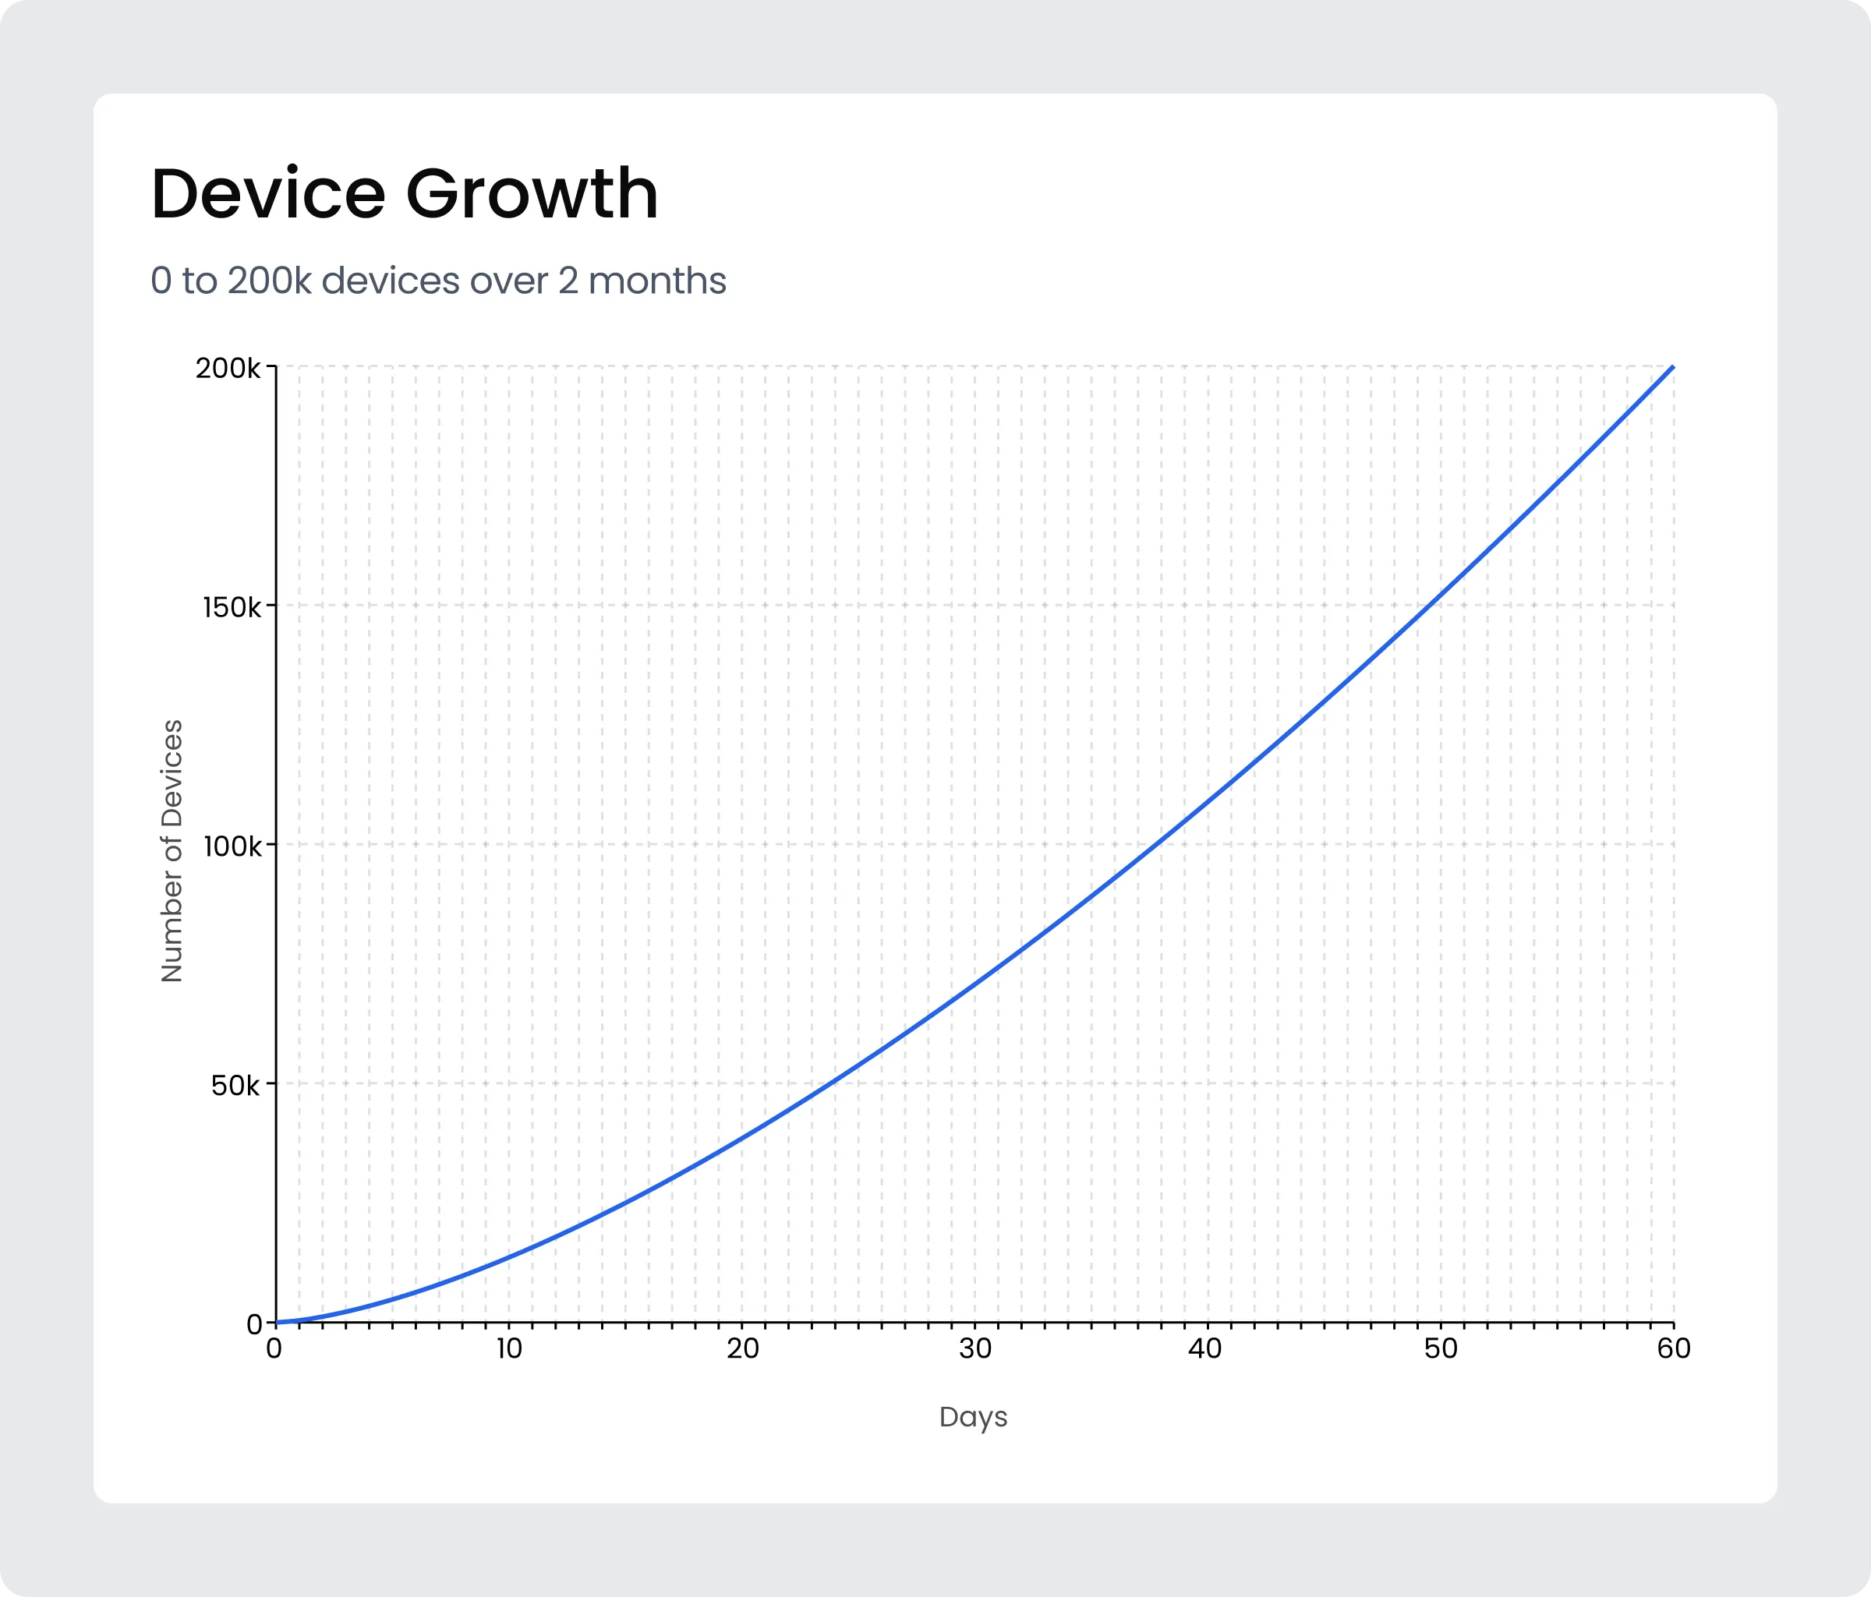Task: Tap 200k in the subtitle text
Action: (269, 281)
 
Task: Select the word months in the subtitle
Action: (656, 281)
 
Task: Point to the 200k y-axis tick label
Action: (228, 369)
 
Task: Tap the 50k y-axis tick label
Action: (235, 1084)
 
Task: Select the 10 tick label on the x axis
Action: (509, 1348)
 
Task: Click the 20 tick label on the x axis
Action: (742, 1348)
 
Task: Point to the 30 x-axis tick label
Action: (975, 1348)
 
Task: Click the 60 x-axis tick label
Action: (1673, 1348)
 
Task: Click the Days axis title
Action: (972, 1416)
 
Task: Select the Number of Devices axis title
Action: (172, 850)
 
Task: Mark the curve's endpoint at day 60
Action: (1672, 367)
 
